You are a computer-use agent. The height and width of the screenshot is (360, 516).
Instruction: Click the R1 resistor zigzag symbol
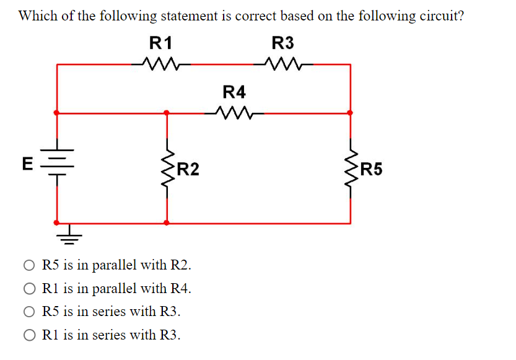coord(160,63)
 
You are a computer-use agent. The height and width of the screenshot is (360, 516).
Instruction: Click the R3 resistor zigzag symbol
coord(282,63)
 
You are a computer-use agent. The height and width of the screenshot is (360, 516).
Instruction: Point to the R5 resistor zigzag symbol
coord(351,168)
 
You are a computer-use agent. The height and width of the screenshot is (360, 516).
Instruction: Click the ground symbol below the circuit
coord(69,234)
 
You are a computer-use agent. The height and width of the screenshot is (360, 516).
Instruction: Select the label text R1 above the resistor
coord(160,43)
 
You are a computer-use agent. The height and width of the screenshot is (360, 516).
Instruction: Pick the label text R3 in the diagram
coord(282,43)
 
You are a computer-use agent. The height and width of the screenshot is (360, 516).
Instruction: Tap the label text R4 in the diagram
coord(234,92)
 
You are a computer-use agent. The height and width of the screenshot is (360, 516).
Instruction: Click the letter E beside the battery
coord(27,164)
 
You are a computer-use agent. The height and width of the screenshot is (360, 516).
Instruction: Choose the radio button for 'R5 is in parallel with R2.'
coord(30,265)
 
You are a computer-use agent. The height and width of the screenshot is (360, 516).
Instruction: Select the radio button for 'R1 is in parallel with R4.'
coord(30,289)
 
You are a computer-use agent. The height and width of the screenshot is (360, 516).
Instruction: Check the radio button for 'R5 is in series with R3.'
coord(30,312)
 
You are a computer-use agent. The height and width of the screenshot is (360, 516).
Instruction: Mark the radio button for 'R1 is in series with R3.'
coord(30,335)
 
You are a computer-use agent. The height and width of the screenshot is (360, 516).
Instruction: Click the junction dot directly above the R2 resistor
coord(166,113)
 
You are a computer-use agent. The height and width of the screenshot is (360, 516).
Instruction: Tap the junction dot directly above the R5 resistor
coord(351,113)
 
